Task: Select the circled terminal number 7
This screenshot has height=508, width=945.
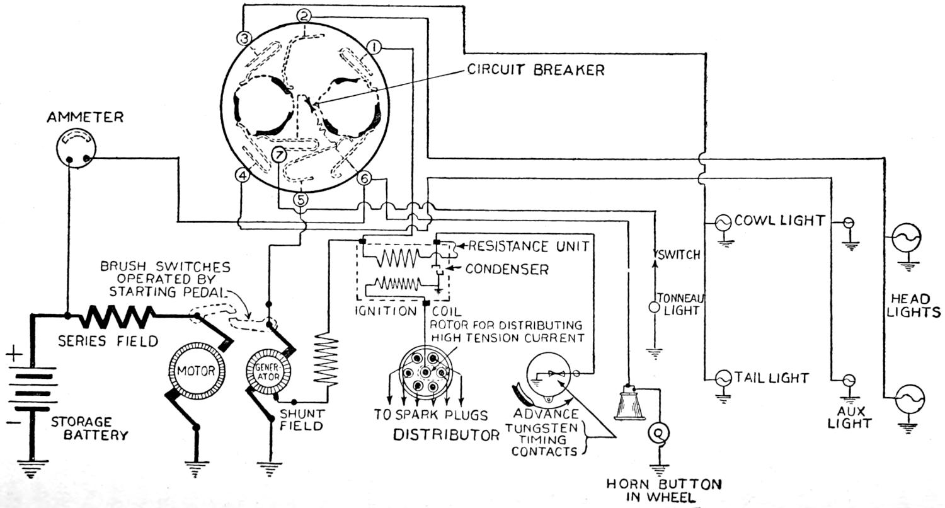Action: (279, 153)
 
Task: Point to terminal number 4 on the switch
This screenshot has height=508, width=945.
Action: (243, 176)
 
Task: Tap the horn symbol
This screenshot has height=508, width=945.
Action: (629, 403)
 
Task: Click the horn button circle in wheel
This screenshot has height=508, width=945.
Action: (660, 433)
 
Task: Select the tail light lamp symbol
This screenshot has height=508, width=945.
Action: (722, 378)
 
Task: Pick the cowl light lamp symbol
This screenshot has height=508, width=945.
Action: (722, 221)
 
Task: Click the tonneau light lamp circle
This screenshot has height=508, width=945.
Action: (655, 308)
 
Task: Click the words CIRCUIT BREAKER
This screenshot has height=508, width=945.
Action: (535, 69)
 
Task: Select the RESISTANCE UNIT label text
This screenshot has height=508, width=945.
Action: (528, 246)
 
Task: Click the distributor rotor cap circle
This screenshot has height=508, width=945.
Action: (427, 372)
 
